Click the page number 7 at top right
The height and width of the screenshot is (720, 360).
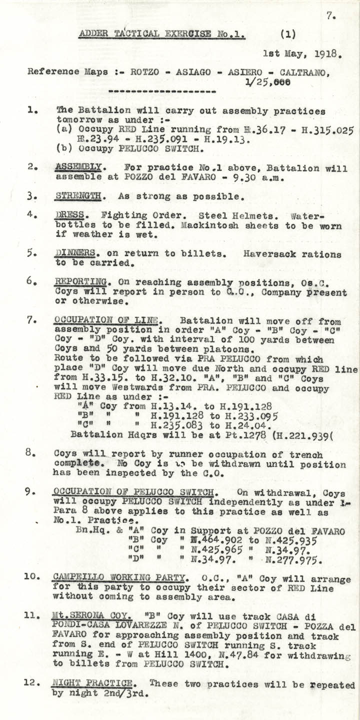pyautogui.click(x=330, y=16)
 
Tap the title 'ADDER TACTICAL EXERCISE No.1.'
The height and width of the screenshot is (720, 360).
pyautogui.click(x=162, y=34)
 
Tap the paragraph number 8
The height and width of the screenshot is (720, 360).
pyautogui.click(x=29, y=454)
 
